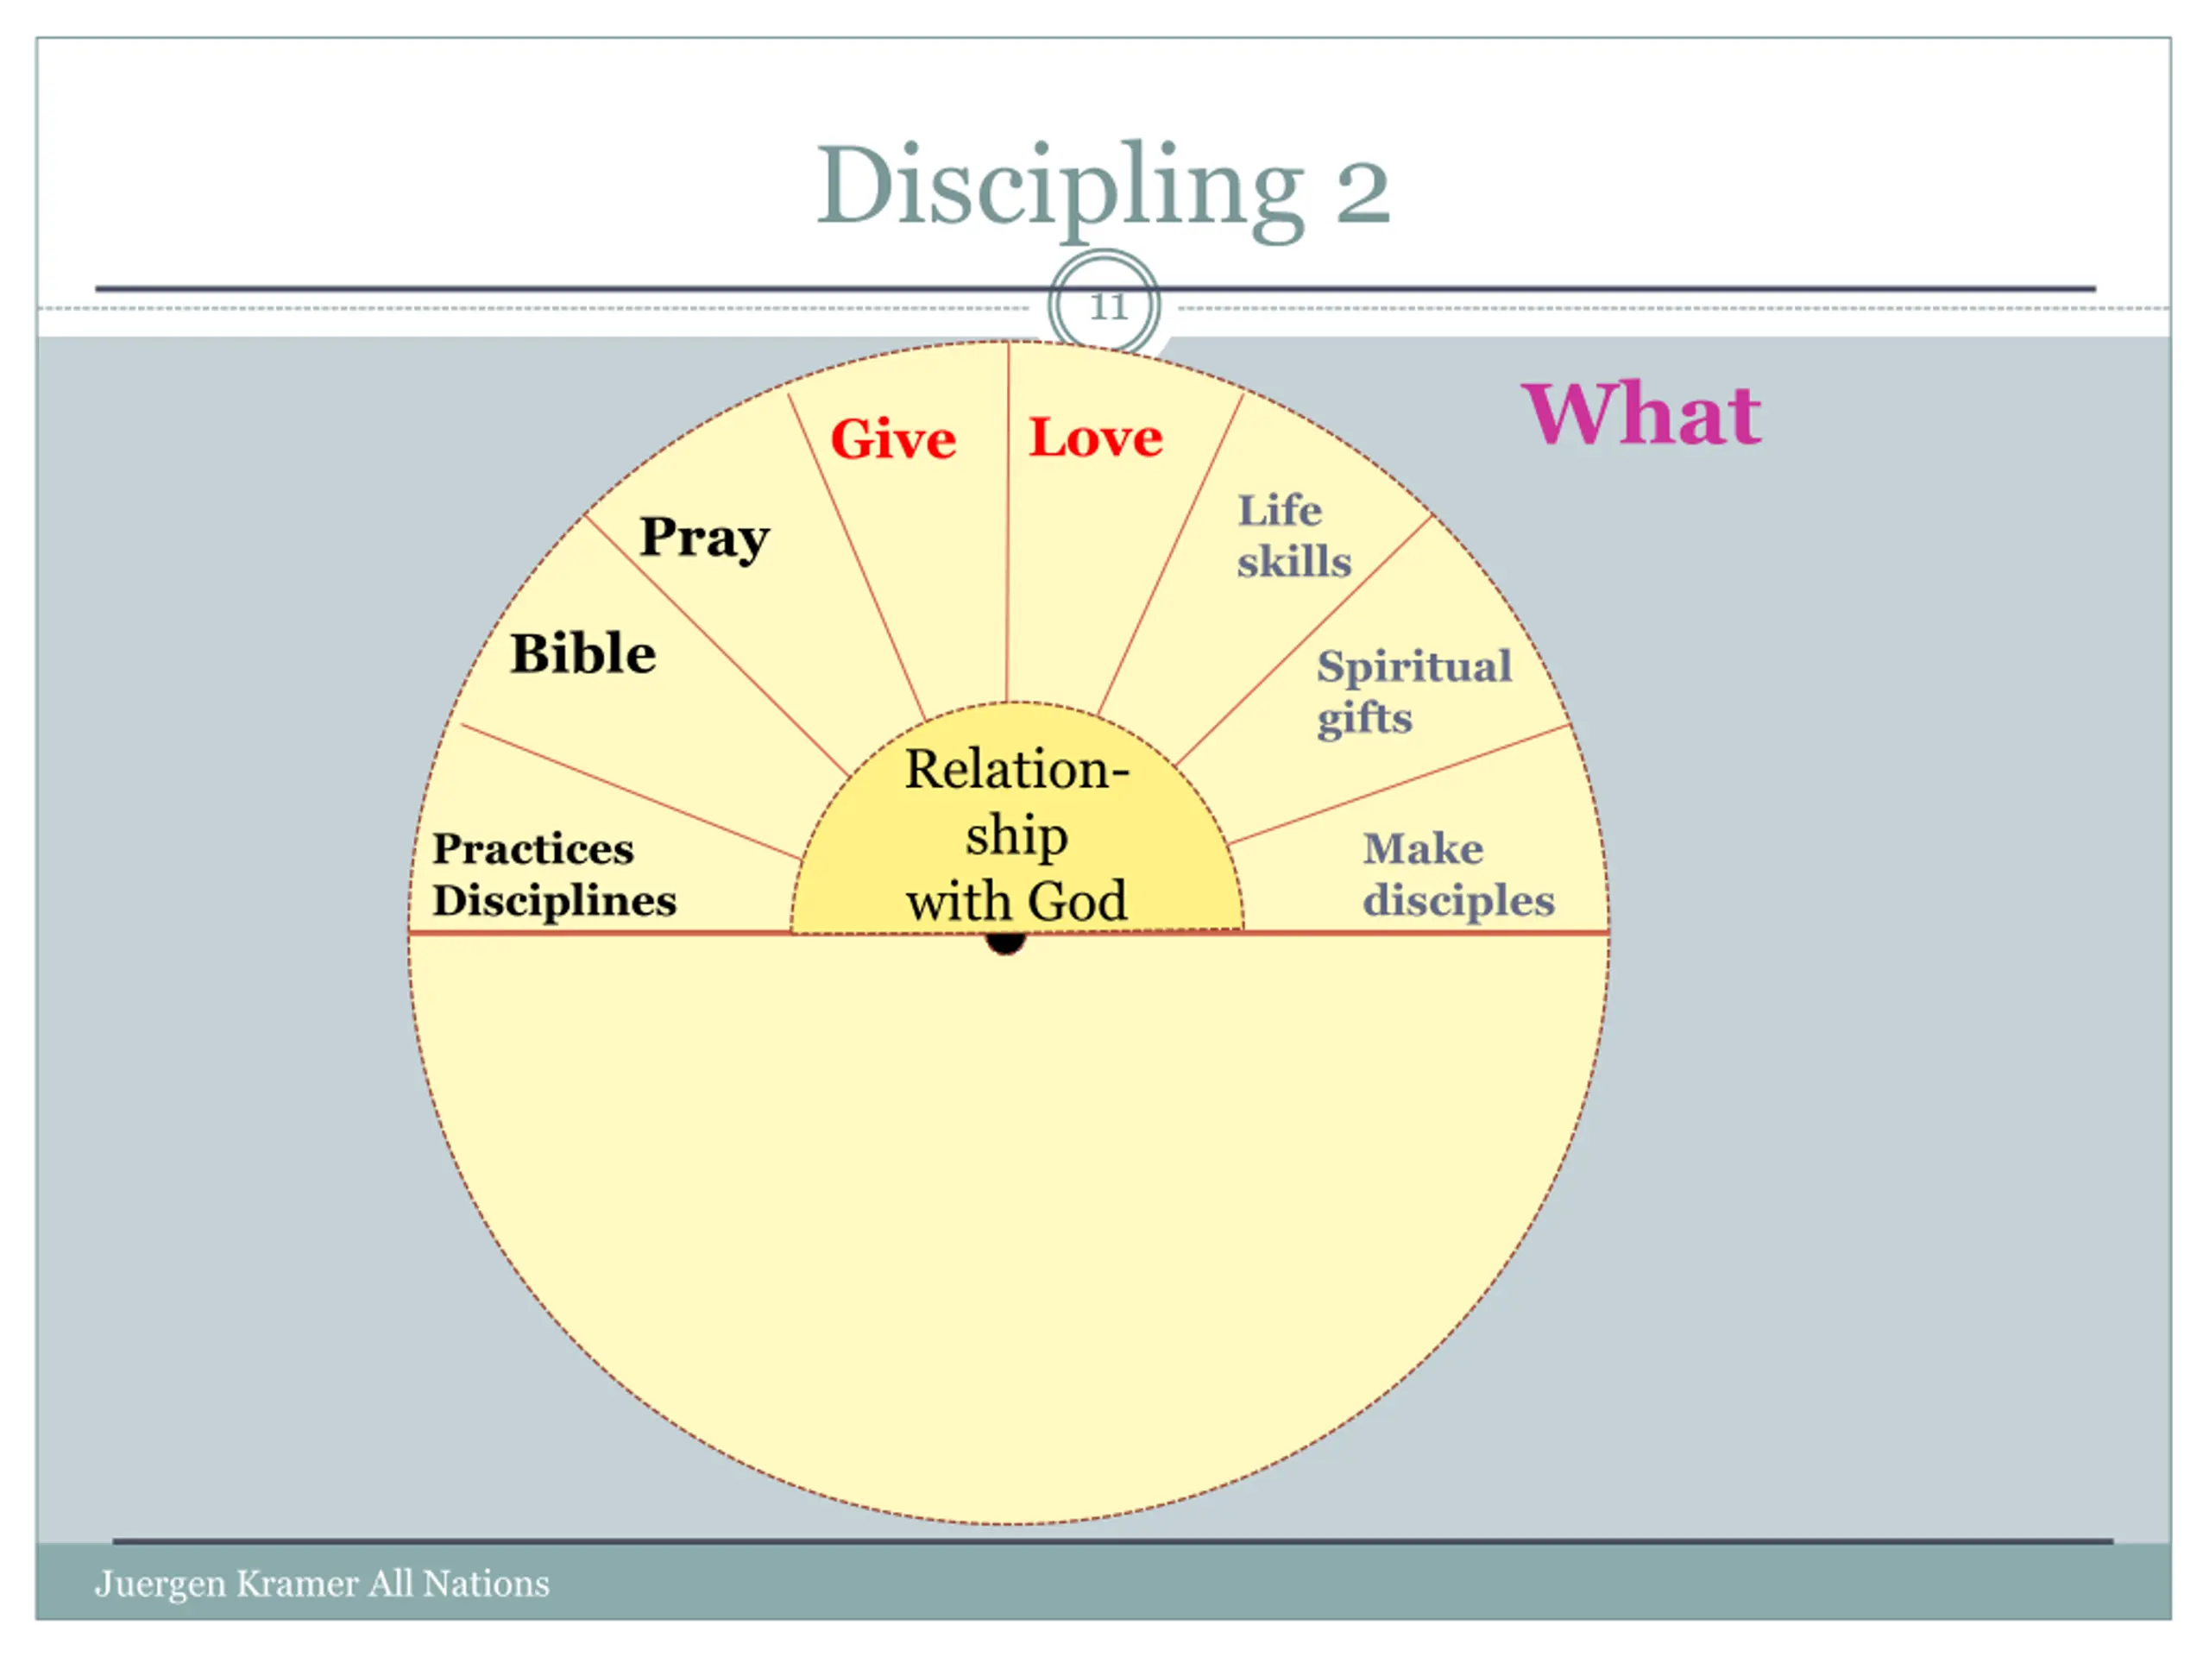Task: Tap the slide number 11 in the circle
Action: (1107, 306)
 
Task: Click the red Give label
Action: (893, 439)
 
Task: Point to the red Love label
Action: (1096, 438)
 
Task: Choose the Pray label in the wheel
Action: (704, 539)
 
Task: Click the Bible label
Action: (583, 654)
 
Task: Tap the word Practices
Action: (532, 849)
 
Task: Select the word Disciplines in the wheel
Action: (554, 901)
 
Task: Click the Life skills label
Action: (1293, 536)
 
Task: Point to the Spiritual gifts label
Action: (1413, 691)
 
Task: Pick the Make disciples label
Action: (1458, 875)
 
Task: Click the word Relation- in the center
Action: (1016, 770)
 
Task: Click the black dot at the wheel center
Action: (1005, 943)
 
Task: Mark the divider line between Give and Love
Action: (1008, 520)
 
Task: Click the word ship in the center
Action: (1016, 836)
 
